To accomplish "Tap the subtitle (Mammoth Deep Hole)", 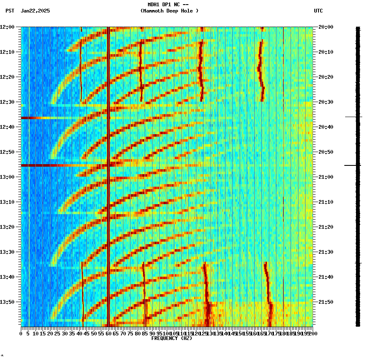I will tap(169, 11).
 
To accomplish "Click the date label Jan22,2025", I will tap(35, 11).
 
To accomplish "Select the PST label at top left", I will tap(10, 11).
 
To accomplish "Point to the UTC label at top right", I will tap(318, 11).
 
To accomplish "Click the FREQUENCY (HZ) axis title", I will tap(172, 338).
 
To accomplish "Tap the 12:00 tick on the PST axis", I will tap(7, 27).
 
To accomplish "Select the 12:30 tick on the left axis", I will tap(7, 102).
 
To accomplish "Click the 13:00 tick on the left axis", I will tap(7, 177).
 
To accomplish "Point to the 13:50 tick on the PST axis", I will tap(7, 302).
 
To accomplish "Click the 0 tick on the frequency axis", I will tap(21, 333).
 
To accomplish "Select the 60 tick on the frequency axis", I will tap(109, 333).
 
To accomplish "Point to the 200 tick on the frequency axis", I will tap(312, 333).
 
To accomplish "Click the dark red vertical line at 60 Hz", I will tap(108, 125).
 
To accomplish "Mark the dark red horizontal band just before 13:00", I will tap(63, 165).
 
